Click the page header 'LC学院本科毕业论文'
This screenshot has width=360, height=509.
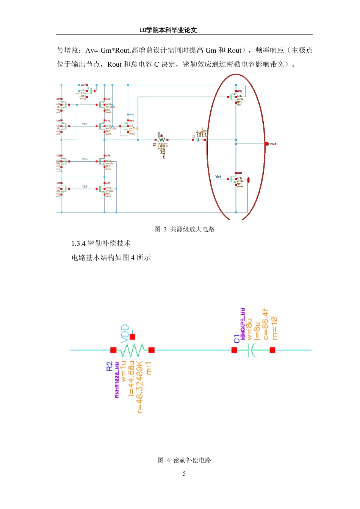tap(168, 30)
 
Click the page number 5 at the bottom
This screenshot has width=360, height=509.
tap(184, 473)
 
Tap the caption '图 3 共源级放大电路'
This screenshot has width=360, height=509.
tap(185, 229)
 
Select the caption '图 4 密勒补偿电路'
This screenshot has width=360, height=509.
tap(185, 460)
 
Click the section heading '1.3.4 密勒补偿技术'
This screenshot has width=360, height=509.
tap(101, 244)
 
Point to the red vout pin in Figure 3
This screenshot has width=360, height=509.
tap(267, 144)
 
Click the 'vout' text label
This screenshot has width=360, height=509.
tap(273, 144)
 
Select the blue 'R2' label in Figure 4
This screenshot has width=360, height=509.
tap(110, 366)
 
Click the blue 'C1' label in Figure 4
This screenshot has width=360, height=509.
tap(237, 339)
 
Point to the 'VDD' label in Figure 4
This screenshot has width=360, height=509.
tap(125, 333)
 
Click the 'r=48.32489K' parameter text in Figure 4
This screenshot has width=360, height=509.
tap(140, 387)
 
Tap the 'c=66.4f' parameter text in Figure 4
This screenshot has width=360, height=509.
tap(266, 324)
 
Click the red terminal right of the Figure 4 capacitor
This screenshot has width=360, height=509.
tap(272, 350)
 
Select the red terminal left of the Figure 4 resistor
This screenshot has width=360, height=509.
tap(113, 350)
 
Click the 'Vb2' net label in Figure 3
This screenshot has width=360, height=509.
tap(85, 124)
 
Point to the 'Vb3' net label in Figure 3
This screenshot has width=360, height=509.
tap(85, 159)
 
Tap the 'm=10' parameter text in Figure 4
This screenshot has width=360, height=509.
tap(274, 328)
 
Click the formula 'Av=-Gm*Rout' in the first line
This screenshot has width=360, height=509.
tap(108, 50)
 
